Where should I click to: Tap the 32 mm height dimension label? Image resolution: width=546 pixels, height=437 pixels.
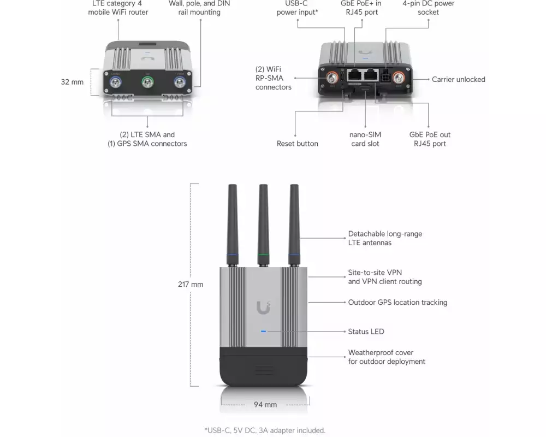pyautogui.click(x=72, y=82)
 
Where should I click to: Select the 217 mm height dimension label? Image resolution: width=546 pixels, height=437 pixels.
pyautogui.click(x=191, y=284)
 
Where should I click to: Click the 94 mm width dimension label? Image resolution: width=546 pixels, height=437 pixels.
pyautogui.click(x=265, y=405)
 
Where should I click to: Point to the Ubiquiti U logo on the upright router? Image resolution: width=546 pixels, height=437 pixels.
pyautogui.click(x=263, y=308)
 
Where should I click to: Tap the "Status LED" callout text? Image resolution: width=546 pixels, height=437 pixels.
pyautogui.click(x=366, y=332)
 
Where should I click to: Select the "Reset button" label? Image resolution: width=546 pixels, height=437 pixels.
pyautogui.click(x=297, y=144)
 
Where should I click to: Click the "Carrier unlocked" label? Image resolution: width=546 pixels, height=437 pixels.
pyautogui.click(x=458, y=79)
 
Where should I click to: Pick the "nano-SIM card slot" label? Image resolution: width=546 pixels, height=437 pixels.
pyautogui.click(x=365, y=139)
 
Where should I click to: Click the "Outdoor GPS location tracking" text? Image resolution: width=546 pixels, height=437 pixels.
pyautogui.click(x=397, y=302)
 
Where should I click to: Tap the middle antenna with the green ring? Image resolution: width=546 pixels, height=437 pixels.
pyautogui.click(x=263, y=224)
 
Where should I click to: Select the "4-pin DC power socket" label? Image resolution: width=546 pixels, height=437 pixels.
pyautogui.click(x=428, y=7)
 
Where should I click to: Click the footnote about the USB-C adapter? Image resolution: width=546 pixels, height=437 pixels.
pyautogui.click(x=265, y=430)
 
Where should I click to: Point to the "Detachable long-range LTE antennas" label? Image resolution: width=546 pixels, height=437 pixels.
pyautogui.click(x=385, y=238)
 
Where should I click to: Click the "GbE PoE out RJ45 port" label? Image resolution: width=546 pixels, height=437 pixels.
pyautogui.click(x=430, y=139)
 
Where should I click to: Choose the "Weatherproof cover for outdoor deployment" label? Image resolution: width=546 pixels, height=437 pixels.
pyautogui.click(x=387, y=357)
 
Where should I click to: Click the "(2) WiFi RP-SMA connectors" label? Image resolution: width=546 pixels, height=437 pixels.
pyautogui.click(x=273, y=78)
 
